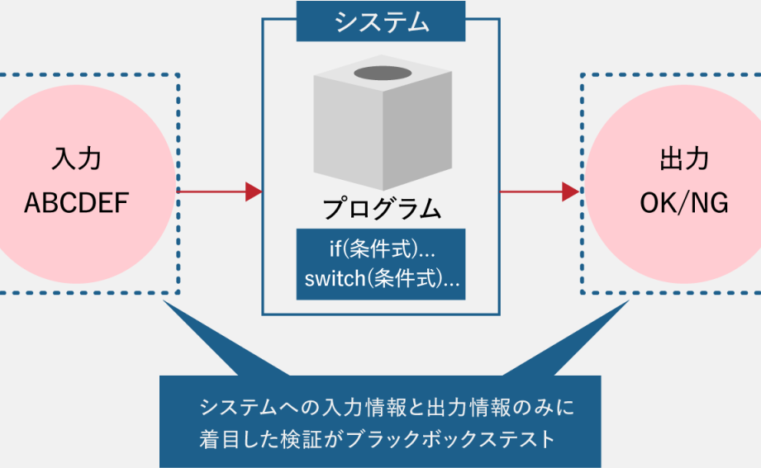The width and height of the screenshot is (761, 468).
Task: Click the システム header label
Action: [382, 21]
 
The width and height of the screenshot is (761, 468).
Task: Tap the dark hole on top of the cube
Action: [382, 73]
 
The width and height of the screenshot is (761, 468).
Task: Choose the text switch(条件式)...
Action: [382, 278]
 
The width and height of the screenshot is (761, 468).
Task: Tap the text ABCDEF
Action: [77, 203]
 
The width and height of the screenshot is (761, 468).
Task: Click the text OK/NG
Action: [684, 203]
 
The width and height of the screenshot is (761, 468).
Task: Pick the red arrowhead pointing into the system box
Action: [254, 192]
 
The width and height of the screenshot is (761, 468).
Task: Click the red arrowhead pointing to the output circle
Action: [569, 192]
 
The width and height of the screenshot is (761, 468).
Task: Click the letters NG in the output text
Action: [711, 203]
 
